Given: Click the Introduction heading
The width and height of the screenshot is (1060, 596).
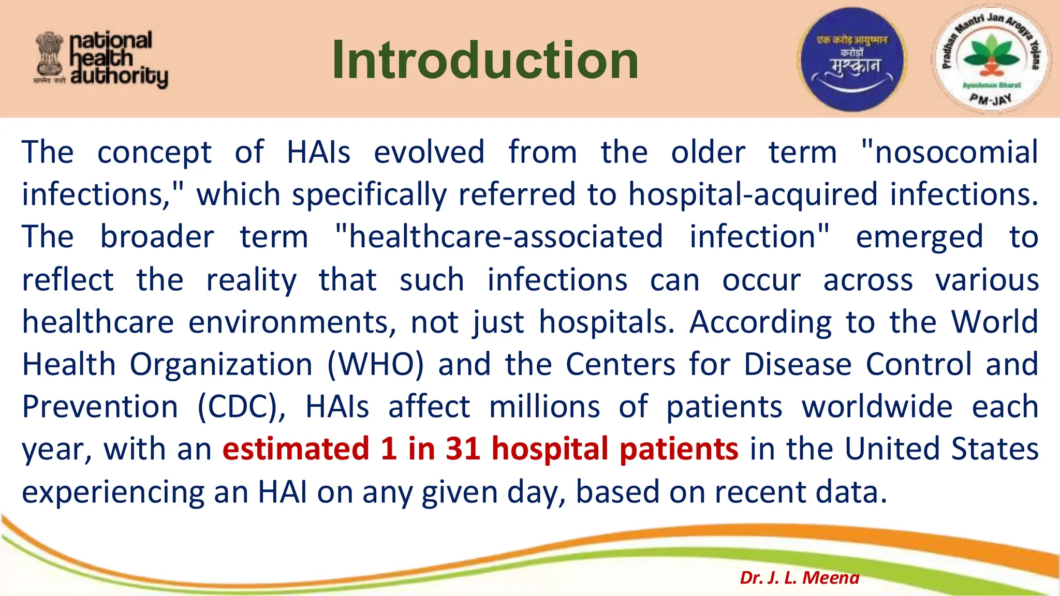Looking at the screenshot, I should coord(485,61).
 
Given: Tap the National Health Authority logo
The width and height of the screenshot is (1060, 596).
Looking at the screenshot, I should coord(101,59).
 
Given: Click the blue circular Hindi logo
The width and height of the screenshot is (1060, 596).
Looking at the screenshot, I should coord(852,59).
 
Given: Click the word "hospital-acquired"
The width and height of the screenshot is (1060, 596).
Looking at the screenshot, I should coord(753,195).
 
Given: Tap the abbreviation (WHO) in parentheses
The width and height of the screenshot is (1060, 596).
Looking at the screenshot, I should coord(375,364).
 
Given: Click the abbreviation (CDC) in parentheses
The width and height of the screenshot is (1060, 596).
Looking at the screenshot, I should coord(241,407).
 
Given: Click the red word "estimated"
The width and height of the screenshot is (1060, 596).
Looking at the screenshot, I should coord(296,449).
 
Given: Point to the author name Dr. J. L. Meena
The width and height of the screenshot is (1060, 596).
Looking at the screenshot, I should coord(799,577).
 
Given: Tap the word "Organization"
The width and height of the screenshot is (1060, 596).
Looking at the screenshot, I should coord(221,364).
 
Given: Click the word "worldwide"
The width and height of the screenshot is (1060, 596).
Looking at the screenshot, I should coord(877,407).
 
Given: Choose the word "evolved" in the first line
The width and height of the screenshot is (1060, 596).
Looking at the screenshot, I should coord(429,152).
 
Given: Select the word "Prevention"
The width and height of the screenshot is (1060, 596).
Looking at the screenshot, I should coord(100,407).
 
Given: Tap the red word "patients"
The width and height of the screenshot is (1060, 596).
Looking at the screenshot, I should coord(679,449).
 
